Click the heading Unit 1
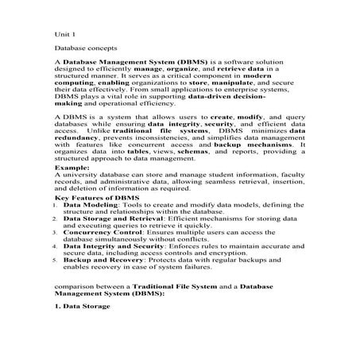pyautogui.click(x=64, y=36)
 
